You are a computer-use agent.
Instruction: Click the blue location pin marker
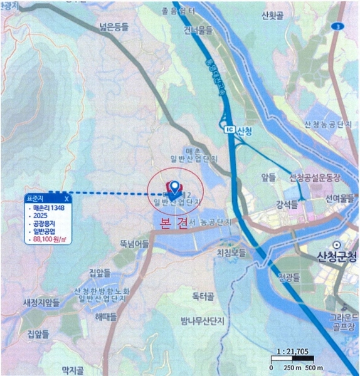point(172,187)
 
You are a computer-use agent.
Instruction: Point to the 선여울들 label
point(341,197)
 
